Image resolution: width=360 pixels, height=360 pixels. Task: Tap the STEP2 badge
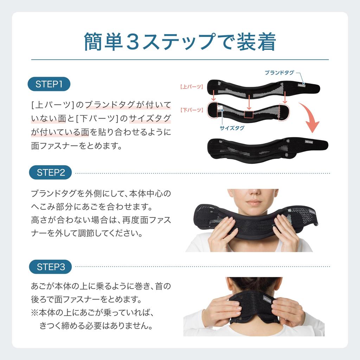[51, 173]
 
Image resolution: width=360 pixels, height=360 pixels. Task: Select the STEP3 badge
[51, 267]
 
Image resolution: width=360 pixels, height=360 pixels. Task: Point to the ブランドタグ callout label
[279, 73]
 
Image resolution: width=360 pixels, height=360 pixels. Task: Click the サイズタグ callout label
[232, 128]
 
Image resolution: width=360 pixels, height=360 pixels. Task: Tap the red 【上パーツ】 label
[191, 86]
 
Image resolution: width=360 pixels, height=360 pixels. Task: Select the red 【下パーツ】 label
[191, 110]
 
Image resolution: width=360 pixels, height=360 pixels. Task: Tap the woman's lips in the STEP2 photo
[254, 203]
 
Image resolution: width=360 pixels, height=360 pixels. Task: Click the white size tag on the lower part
[220, 110]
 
